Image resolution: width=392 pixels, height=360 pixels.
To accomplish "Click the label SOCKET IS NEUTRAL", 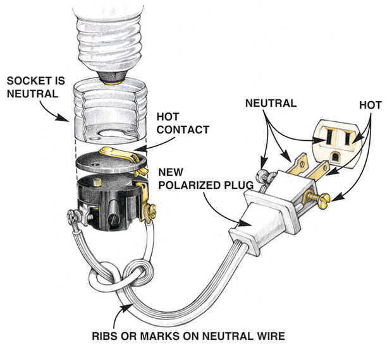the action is click(x=36, y=87).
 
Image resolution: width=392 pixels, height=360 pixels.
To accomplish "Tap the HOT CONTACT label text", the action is click(x=183, y=123).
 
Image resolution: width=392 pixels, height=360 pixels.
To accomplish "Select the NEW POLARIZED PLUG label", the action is click(x=206, y=179).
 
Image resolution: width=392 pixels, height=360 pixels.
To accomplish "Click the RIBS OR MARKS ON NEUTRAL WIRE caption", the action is click(x=188, y=336).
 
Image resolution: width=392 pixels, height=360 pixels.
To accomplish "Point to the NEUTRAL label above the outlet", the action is click(x=271, y=104).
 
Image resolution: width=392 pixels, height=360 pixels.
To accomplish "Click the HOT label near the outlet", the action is click(x=371, y=105).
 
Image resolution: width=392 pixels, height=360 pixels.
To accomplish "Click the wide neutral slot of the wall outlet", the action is click(x=329, y=136).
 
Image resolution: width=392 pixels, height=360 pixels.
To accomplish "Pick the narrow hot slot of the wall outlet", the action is click(x=347, y=138).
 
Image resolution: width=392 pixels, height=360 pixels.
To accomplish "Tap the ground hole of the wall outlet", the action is click(x=335, y=157).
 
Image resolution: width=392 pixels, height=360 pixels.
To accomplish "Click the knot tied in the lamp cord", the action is click(x=122, y=274).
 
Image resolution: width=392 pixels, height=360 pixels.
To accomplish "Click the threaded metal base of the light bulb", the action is click(x=109, y=43).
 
